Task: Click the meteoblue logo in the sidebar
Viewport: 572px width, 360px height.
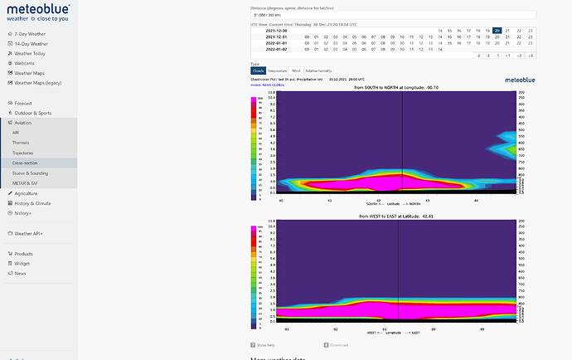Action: [38, 12]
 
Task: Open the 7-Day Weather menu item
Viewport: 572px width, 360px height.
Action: [30, 34]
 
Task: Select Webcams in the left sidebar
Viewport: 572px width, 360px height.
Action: [24, 63]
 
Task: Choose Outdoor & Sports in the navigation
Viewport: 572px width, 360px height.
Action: [33, 113]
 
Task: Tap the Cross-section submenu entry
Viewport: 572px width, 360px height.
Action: [24, 163]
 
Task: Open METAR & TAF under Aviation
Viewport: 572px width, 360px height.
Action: [25, 183]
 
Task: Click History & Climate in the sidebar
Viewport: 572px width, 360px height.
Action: [32, 203]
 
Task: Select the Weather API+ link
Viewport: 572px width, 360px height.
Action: [30, 233]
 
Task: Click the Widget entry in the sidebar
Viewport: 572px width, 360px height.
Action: [22, 264]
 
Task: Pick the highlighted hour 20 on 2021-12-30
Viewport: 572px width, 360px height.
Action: [497, 30]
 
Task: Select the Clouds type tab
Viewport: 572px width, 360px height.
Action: [257, 71]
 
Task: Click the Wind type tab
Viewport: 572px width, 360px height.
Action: [296, 71]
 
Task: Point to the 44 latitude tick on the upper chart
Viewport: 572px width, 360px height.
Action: [476, 200]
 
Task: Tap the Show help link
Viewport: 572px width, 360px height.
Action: [264, 344]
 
